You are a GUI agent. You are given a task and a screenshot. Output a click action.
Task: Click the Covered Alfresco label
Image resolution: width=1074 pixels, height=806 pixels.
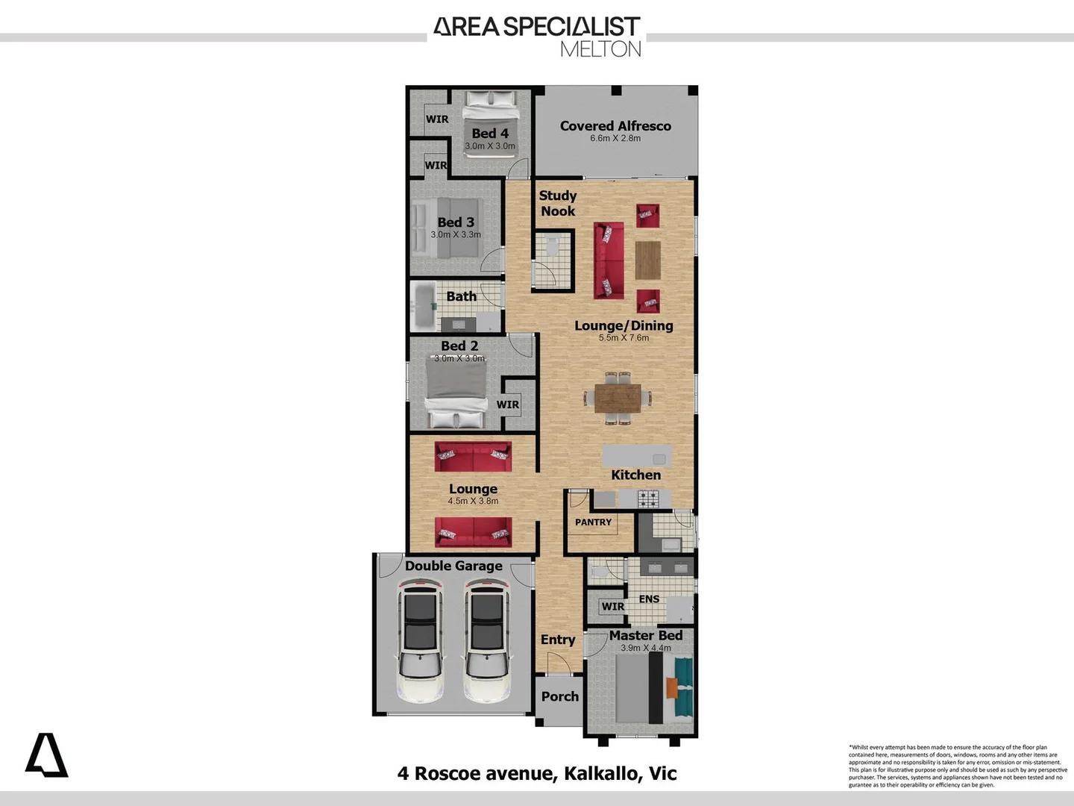[615, 126]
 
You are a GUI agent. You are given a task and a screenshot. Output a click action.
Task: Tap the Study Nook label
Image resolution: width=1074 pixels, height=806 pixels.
[558, 203]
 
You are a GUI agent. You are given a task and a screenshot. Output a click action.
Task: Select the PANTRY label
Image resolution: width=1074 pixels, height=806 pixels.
[593, 522]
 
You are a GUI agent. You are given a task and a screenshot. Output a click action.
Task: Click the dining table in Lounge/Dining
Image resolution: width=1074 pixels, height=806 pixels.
[618, 397]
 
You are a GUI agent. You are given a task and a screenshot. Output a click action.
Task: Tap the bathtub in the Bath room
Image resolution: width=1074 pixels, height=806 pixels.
[426, 306]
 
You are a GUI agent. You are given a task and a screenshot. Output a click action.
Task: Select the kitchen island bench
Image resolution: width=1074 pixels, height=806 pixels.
[637, 456]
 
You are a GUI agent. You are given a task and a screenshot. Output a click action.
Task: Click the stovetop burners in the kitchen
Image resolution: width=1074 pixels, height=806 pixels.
[648, 497]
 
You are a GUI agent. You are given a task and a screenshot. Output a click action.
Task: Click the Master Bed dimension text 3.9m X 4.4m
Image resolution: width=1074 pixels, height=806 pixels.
[646, 648]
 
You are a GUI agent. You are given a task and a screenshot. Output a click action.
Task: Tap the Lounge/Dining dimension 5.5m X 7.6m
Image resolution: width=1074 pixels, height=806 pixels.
[624, 338]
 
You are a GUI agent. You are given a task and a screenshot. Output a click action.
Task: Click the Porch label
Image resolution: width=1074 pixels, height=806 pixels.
[559, 696]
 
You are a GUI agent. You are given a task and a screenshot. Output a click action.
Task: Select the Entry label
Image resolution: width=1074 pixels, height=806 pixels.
[557, 640]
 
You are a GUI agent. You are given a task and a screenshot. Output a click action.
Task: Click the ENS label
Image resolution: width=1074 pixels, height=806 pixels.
[649, 599]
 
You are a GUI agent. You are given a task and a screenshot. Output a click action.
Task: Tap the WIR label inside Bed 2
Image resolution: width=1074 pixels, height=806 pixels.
[508, 404]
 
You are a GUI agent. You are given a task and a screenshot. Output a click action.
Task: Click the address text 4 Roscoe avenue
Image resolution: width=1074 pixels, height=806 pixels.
[477, 773]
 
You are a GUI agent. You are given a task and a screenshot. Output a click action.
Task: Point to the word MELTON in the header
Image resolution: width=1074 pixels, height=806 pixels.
[600, 49]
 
